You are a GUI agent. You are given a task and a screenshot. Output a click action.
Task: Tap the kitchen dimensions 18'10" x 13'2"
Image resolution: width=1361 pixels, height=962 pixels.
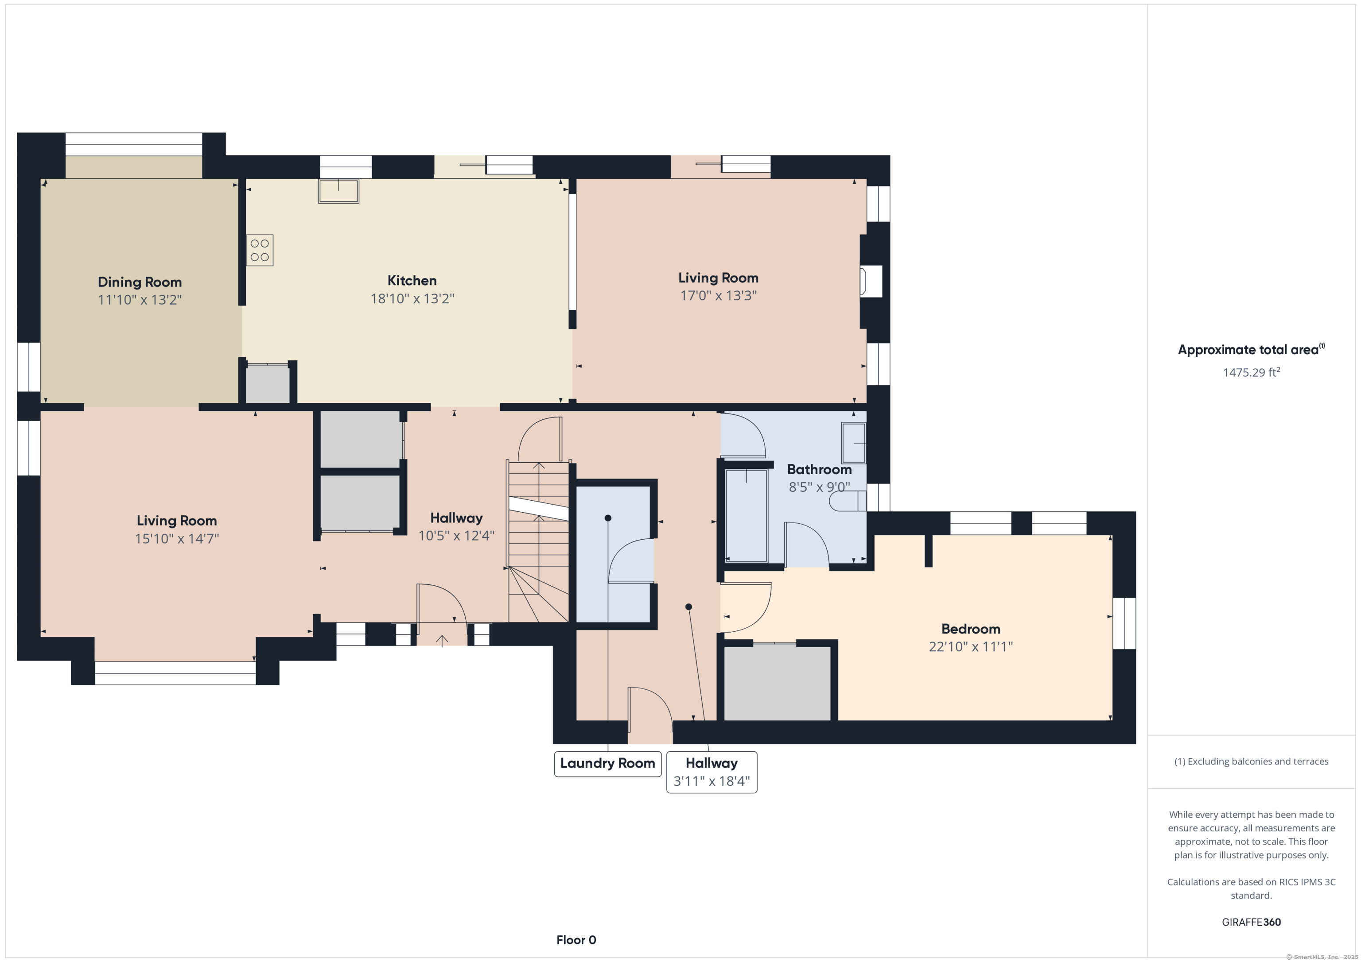pos(412,298)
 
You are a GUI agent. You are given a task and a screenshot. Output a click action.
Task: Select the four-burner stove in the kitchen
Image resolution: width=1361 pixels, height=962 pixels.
pos(260,250)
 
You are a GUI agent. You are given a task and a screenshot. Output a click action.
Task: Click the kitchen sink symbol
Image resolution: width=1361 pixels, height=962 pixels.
pos(338,191)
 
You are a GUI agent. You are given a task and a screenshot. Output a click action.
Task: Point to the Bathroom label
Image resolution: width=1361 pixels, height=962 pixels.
pos(819,469)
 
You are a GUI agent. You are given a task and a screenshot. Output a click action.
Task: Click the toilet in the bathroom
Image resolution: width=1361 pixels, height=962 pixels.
pos(848,502)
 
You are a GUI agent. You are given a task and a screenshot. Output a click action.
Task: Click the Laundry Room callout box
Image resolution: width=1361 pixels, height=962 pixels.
pos(607,764)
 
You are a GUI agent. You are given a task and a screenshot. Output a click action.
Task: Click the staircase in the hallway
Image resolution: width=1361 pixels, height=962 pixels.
pos(538,541)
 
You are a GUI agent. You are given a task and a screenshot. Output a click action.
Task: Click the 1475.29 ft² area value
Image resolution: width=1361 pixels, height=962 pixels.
pos(1251,372)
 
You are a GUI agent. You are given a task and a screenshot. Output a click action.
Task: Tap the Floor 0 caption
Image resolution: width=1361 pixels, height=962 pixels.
pos(576,939)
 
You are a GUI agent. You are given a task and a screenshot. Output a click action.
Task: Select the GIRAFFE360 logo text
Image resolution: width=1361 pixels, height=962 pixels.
pos(1251,922)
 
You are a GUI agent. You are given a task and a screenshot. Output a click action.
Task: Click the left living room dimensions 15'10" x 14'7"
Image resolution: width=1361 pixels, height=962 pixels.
pos(177,538)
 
